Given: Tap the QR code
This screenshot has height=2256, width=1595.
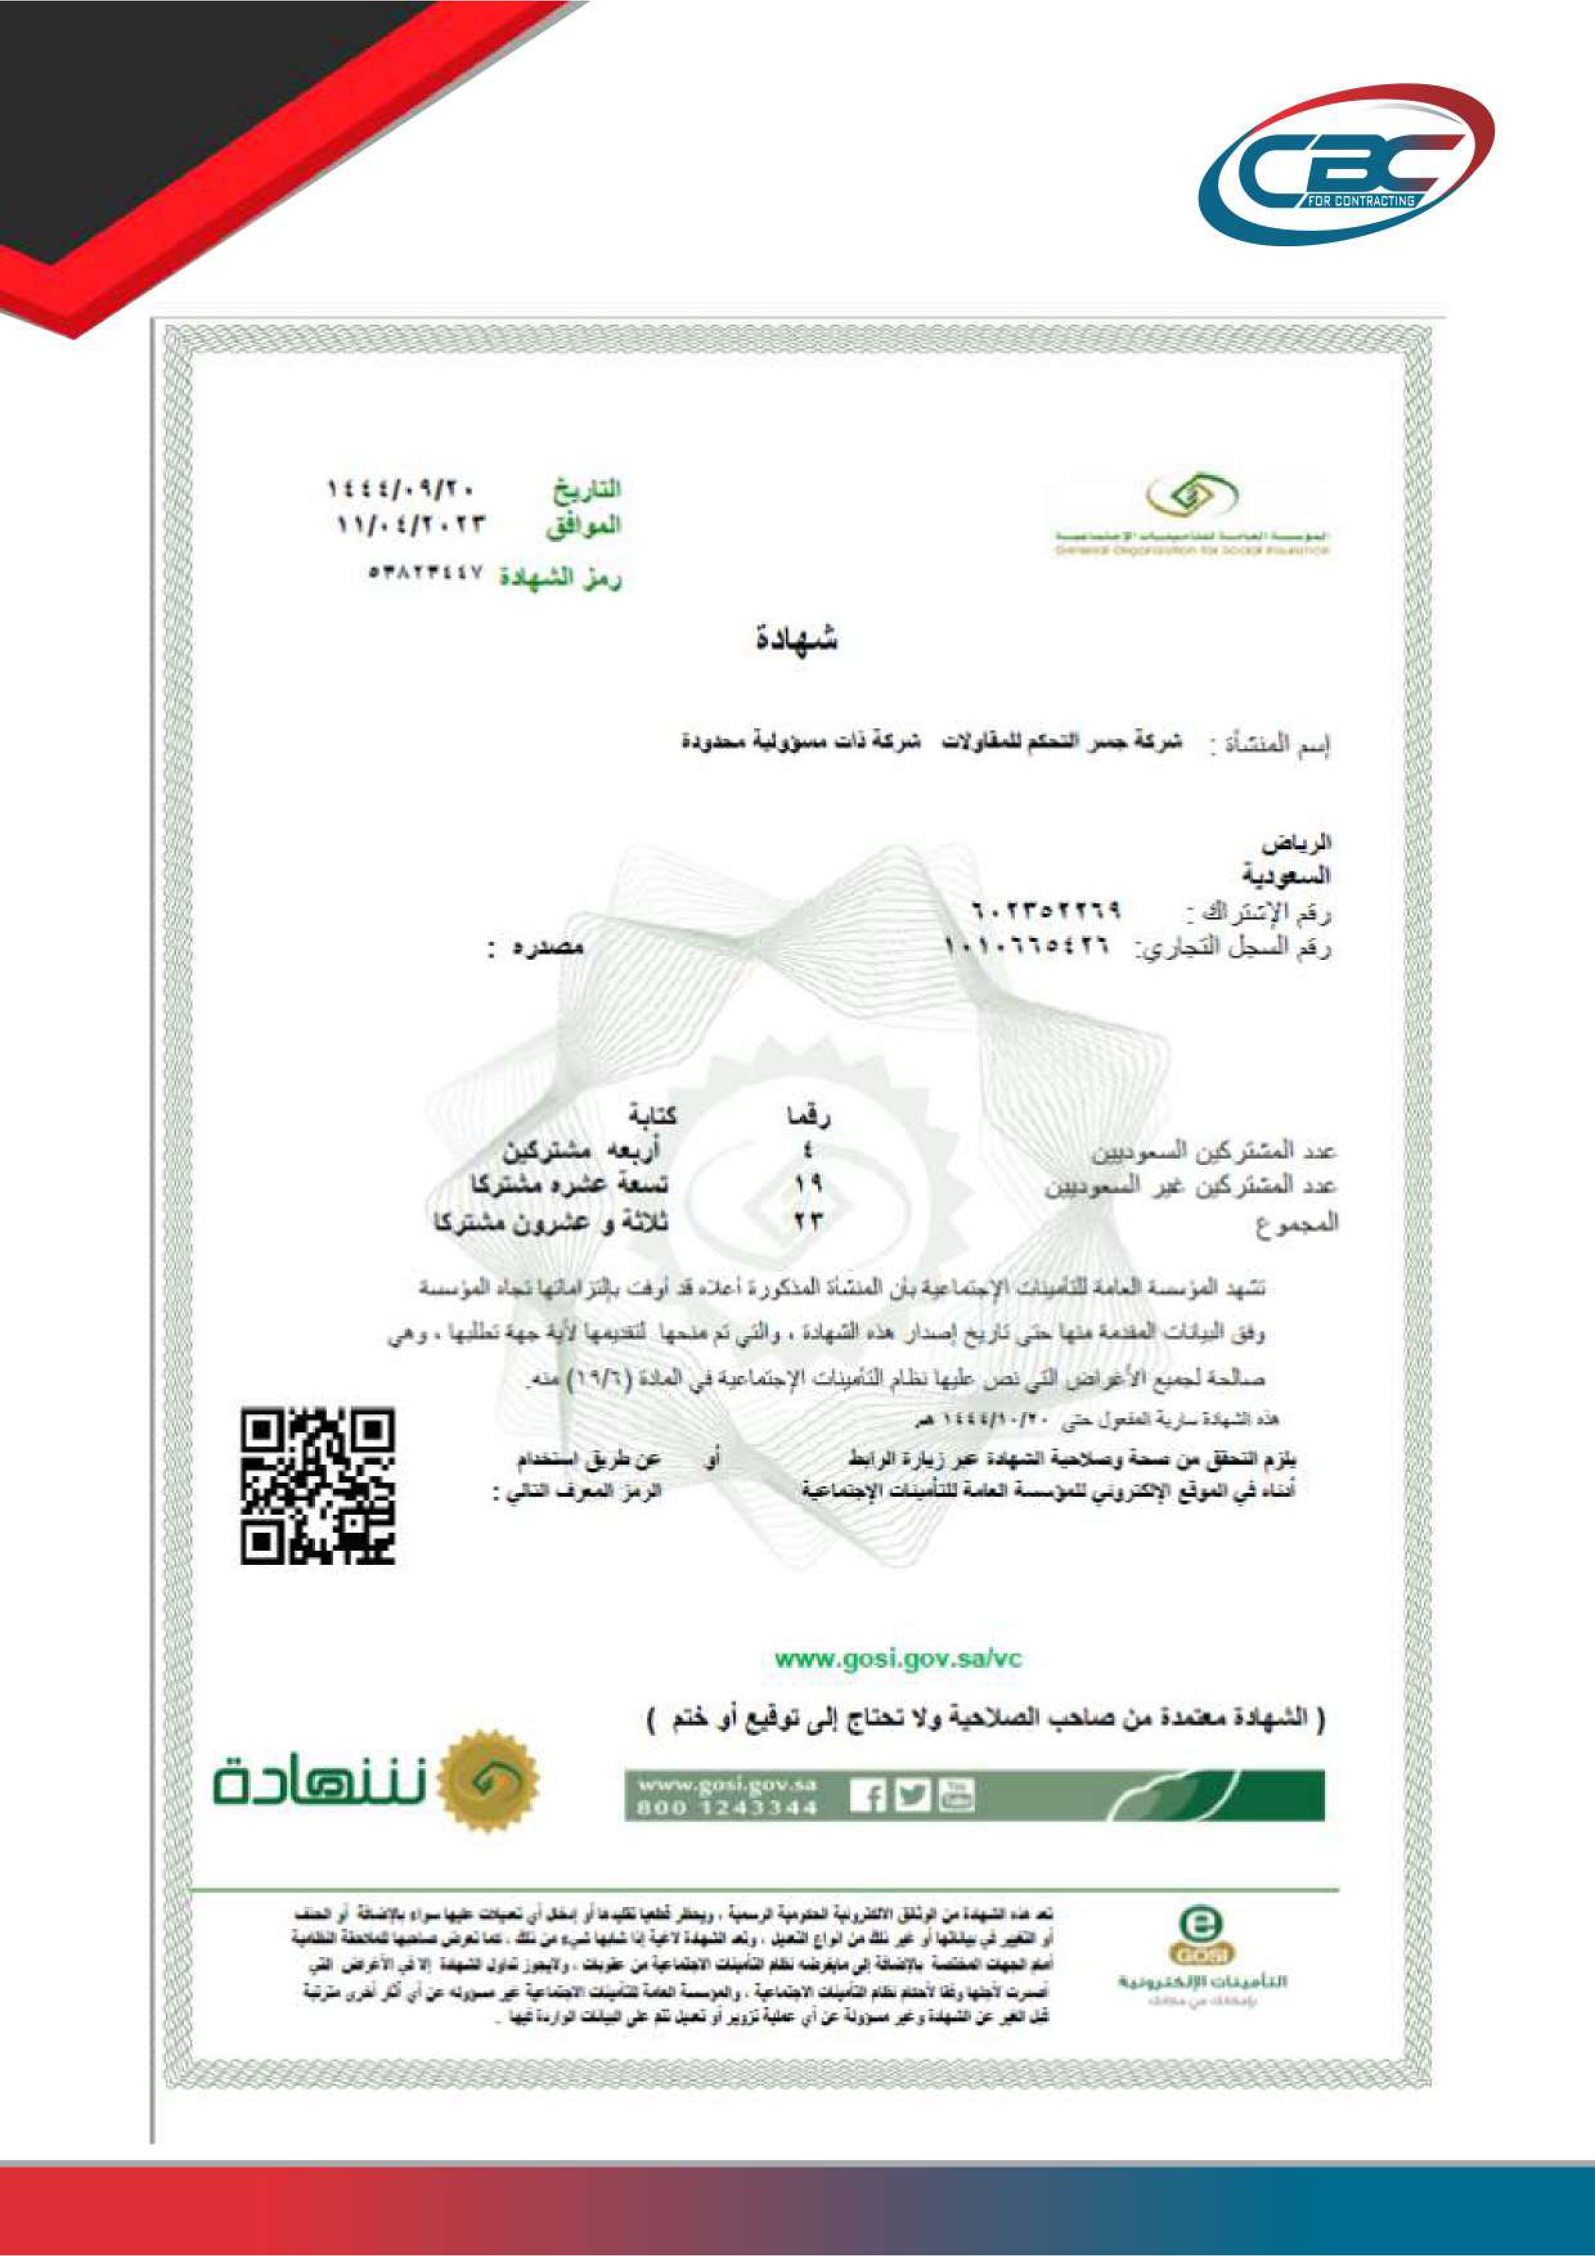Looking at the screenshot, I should pos(318,1486).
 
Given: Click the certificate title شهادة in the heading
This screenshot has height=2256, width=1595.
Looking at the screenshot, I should pos(796,640).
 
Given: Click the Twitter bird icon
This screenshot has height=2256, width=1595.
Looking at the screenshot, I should pos(913,1794).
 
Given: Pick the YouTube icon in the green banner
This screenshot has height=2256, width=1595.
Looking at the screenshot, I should pos(956,1794).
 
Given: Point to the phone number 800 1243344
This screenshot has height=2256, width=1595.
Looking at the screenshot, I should pos(727,1807).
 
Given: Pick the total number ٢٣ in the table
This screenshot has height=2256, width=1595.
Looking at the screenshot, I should pos(807,1222).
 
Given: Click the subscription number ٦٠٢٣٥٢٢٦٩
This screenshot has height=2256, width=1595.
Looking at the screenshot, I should pos(1044,912).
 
